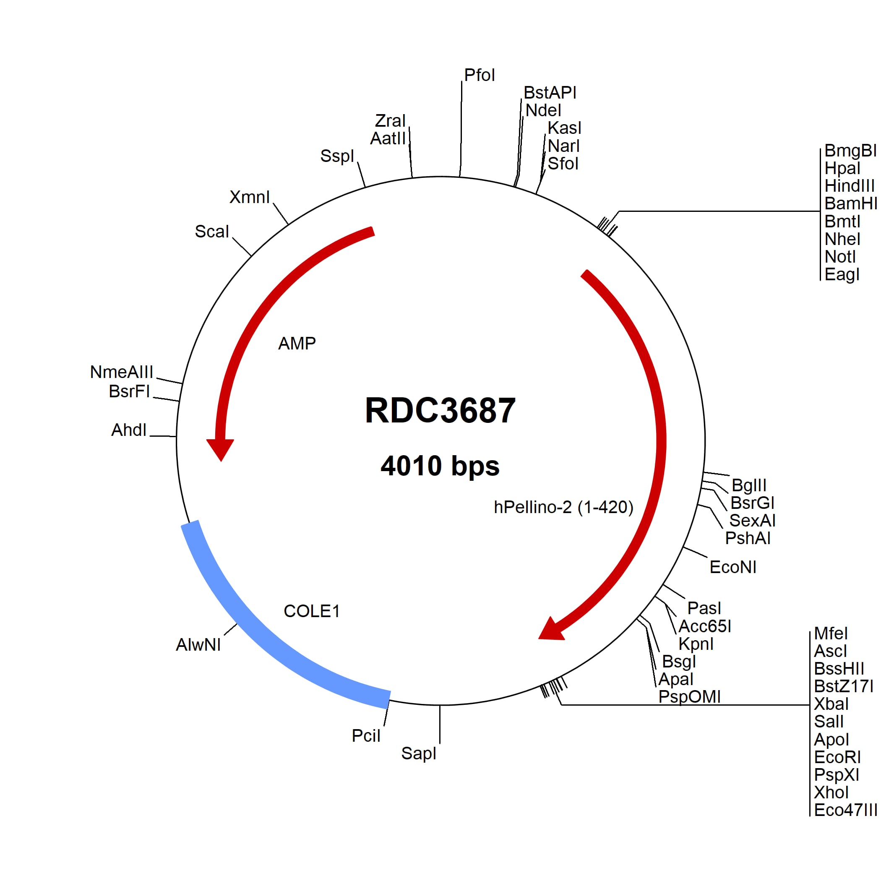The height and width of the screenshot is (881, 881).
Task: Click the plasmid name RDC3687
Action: (440, 410)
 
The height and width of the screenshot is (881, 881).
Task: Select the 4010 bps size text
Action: (440, 466)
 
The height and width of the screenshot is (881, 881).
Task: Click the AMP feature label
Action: (297, 343)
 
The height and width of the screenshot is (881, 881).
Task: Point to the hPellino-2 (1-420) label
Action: (563, 507)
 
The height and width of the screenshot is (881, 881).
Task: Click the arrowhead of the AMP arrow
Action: (221, 449)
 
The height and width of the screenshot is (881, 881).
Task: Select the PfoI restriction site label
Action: (479, 75)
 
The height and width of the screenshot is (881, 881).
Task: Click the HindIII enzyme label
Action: (850, 186)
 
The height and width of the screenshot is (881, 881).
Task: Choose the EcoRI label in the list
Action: (837, 757)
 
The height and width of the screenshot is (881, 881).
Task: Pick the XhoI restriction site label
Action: (831, 792)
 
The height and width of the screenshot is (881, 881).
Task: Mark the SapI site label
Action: (419, 753)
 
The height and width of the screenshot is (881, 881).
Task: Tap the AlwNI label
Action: (198, 645)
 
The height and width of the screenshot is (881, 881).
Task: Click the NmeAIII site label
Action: (121, 372)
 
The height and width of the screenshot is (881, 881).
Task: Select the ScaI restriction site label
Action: (211, 232)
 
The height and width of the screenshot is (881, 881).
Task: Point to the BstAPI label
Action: (550, 93)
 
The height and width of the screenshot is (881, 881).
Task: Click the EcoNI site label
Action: (733, 567)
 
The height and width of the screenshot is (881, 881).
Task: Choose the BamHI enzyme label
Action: (850, 203)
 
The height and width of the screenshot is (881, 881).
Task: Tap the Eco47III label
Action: (845, 811)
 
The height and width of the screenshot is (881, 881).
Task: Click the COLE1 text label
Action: (312, 612)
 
